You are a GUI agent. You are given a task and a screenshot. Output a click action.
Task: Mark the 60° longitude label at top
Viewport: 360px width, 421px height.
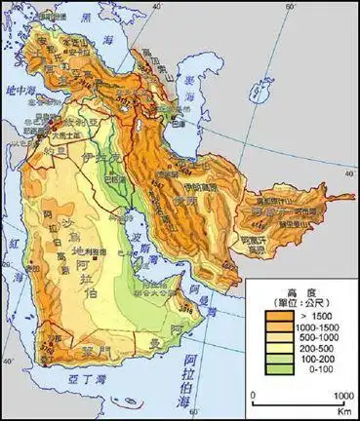[291, 8]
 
